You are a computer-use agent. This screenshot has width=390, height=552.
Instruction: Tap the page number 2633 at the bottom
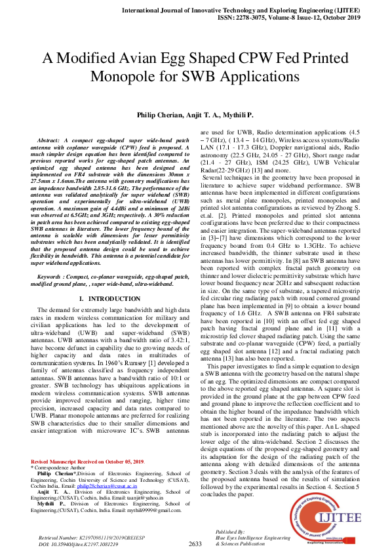coord(195,543)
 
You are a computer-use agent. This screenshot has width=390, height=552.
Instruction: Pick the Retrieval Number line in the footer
coord(85,537)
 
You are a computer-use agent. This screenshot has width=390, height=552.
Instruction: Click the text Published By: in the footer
coord(230,531)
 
